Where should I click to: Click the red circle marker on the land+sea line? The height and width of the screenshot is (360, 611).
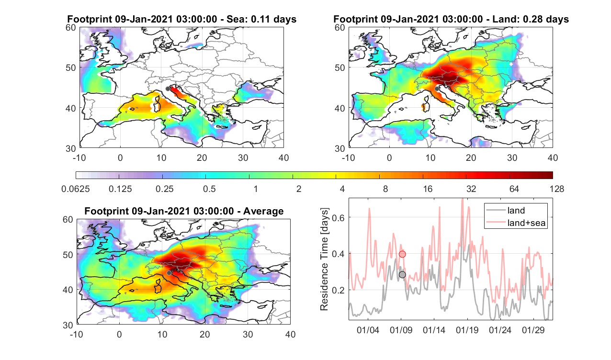[402, 254]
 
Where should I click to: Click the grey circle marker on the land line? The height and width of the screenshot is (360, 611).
[402, 275]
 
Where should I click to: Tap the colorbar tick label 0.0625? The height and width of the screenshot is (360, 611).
[75, 189]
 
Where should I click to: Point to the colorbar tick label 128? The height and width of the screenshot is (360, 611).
[557, 189]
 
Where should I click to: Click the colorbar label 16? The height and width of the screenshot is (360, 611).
[428, 189]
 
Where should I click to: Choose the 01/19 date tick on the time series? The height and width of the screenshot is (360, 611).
[467, 330]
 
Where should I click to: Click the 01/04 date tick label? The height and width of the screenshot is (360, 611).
[368, 330]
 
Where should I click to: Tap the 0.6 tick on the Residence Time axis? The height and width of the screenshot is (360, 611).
[338, 217]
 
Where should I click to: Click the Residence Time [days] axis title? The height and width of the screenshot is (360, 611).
[324, 259]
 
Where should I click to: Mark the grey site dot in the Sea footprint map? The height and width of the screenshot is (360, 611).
[168, 89]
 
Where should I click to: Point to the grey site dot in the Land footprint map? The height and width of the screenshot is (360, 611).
[437, 89]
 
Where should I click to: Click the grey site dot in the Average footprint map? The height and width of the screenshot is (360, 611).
[169, 273]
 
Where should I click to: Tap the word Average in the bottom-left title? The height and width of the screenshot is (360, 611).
[263, 211]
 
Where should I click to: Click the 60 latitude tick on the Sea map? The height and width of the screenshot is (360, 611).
[71, 28]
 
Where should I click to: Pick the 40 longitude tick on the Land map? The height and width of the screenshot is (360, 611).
[553, 157]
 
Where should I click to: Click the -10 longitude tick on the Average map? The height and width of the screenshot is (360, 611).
[77, 334]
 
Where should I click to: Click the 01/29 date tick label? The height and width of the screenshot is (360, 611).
[533, 330]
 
